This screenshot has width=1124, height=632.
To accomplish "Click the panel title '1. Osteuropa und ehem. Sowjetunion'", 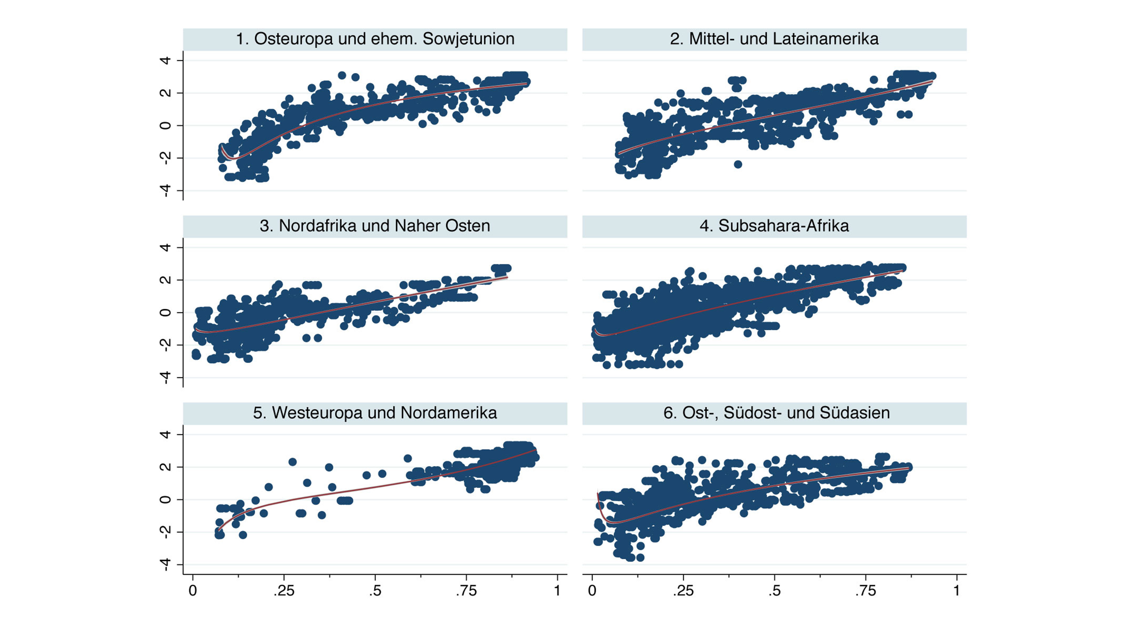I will (375, 39).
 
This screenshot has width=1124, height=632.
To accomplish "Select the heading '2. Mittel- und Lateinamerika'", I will (774, 39).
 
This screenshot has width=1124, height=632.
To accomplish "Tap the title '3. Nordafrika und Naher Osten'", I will (375, 226).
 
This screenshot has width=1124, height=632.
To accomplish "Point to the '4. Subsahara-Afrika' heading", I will (774, 226).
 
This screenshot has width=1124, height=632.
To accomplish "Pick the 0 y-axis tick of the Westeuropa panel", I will (165, 500).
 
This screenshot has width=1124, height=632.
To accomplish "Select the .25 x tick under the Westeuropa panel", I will (284, 591).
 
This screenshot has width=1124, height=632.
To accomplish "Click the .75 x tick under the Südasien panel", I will (865, 591).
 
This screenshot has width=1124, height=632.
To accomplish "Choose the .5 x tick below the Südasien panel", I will (774, 591).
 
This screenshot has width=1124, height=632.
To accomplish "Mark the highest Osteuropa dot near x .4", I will (342, 75).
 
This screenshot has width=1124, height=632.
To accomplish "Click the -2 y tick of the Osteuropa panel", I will (165, 158).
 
